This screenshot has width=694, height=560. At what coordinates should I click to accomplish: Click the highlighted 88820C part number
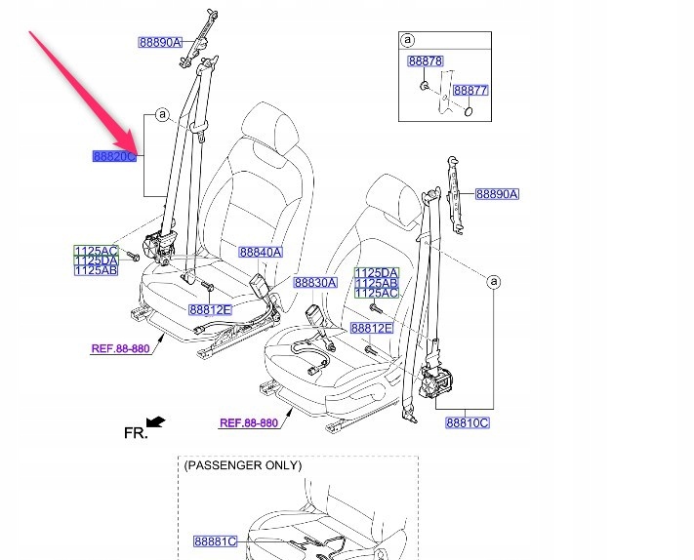point(114,156)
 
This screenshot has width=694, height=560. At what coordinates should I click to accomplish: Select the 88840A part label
point(260,252)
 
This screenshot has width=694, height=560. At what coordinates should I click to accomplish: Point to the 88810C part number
point(467,422)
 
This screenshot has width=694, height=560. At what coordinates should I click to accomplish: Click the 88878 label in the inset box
point(426,61)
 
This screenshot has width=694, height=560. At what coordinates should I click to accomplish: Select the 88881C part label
point(215,540)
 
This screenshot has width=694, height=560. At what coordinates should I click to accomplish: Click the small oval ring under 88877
point(469,111)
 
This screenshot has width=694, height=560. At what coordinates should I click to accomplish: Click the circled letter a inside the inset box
point(408,41)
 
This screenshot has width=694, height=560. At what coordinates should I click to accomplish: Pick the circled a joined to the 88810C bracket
point(494,282)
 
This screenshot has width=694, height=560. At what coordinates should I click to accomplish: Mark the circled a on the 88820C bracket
point(161,116)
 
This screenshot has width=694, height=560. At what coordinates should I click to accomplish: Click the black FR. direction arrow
point(156,422)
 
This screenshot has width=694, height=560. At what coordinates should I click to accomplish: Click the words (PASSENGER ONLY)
point(242,465)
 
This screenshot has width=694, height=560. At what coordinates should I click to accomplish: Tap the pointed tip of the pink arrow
point(140,153)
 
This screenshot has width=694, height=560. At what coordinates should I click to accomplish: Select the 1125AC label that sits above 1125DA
point(96,251)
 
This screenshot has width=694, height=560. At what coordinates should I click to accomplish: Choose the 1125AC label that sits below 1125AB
point(376,293)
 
